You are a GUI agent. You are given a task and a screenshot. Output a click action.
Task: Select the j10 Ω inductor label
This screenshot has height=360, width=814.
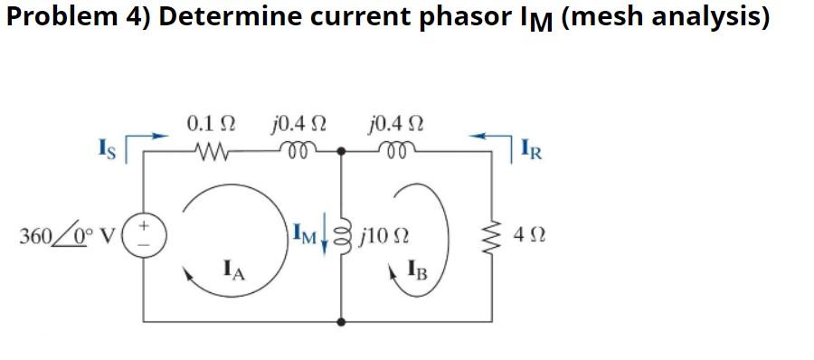386,238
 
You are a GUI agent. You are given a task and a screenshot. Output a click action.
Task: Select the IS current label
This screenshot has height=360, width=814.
109,146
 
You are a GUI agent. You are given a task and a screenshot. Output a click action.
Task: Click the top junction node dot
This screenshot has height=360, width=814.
342,151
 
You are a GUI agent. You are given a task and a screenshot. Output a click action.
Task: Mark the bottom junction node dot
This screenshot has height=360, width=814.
342,321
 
